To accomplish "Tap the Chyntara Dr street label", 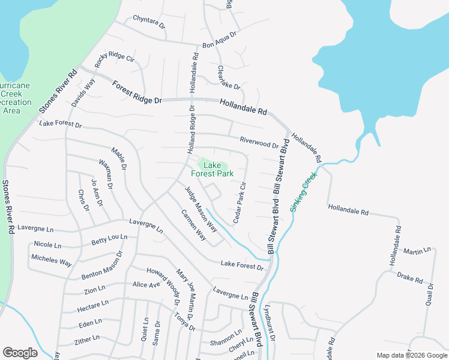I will [149, 22].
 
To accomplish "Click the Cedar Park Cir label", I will [240, 203].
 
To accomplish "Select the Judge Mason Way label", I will [201, 211].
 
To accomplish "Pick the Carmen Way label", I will [194, 225].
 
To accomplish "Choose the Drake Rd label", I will [410, 278].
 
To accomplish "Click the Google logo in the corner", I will [20, 353].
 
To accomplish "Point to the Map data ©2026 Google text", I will [412, 355].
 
